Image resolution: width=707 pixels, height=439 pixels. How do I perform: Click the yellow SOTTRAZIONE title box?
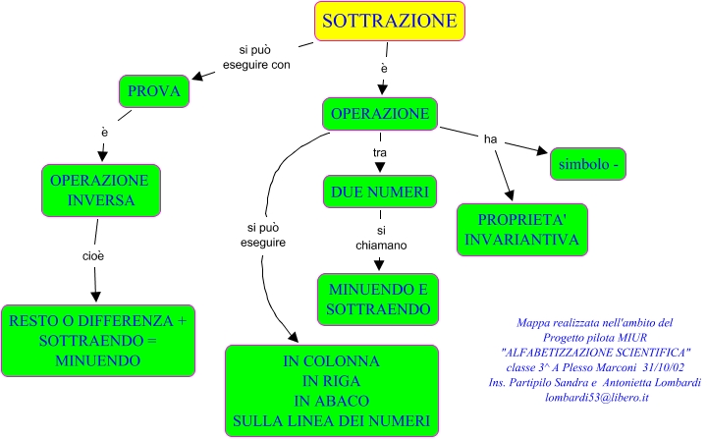[390, 21]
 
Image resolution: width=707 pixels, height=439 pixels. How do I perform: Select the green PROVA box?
[154, 92]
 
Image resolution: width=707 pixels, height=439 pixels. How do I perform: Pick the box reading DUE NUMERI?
[379, 191]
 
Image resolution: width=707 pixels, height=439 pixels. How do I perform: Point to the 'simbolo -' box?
[588, 163]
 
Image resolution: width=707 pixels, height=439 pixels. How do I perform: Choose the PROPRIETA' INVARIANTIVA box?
[522, 229]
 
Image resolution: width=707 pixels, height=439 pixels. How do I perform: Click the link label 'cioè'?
[93, 255]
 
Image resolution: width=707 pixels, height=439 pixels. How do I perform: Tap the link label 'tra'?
[380, 153]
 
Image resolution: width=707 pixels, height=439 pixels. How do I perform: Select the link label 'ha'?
[490, 138]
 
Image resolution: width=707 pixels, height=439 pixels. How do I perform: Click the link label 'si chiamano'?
[380, 237]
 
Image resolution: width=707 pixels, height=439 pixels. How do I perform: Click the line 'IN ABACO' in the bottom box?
[331, 401]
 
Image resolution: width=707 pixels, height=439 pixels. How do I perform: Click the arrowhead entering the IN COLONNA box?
[291, 337]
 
